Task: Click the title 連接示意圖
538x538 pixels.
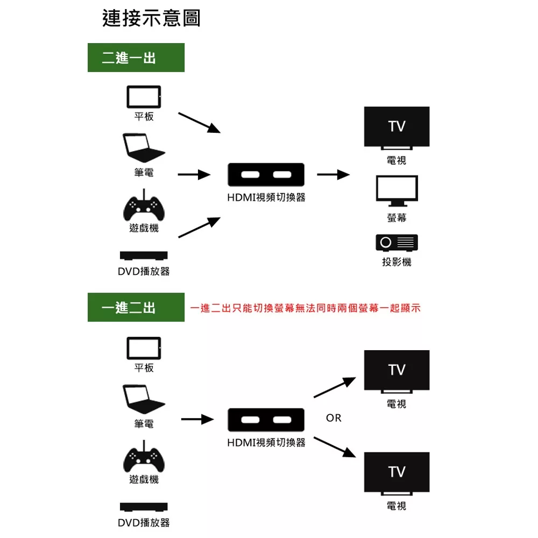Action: (151, 18)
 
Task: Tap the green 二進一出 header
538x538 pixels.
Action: (136, 58)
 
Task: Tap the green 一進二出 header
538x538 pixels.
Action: (136, 307)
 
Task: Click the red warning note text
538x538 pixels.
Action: (305, 308)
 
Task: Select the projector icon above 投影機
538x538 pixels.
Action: (397, 243)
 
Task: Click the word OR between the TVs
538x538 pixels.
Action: (334, 418)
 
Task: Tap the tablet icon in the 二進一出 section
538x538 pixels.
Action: (144, 97)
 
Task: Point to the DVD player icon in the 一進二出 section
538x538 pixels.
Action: (144, 507)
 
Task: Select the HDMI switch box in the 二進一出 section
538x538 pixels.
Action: (266, 175)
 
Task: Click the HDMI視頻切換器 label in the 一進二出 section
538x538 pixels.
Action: (266, 442)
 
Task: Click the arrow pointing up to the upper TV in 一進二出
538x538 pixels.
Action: (335, 387)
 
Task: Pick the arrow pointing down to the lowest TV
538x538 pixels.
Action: (335, 447)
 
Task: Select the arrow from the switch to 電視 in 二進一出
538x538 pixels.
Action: (333, 175)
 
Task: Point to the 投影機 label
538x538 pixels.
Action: (397, 262)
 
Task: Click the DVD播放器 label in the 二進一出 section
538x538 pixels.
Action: (144, 271)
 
